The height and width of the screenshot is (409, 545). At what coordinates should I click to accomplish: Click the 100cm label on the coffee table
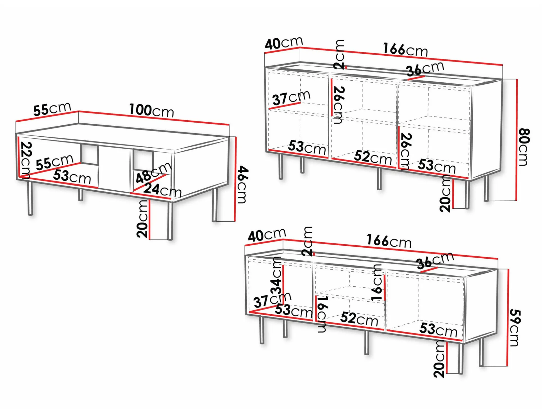[151, 110]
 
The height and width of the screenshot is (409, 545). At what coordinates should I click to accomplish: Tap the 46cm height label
[242, 185]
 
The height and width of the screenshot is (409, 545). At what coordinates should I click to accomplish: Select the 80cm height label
[524, 147]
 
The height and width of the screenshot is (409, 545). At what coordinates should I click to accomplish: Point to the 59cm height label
[515, 327]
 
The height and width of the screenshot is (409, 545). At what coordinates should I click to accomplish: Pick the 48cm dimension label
[153, 173]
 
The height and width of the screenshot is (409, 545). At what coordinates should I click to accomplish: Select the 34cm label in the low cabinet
[276, 275]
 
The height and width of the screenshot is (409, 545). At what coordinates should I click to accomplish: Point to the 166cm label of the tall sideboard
[405, 49]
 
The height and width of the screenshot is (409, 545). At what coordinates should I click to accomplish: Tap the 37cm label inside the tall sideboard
[291, 98]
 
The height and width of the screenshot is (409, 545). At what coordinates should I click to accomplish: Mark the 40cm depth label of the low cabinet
[267, 235]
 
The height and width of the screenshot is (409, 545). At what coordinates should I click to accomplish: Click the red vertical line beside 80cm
[517, 140]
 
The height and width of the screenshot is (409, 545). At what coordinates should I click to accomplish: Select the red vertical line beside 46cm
[235, 179]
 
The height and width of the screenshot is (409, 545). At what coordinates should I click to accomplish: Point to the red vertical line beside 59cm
[508, 318]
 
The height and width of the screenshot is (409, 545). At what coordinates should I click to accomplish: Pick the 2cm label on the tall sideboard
[339, 55]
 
